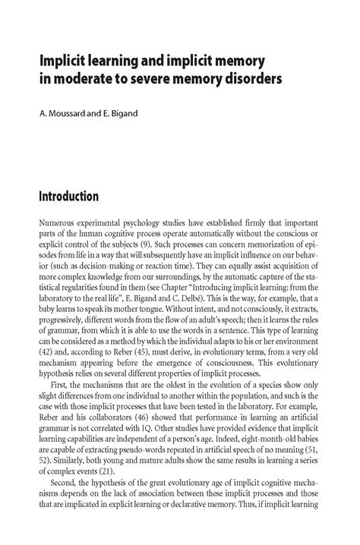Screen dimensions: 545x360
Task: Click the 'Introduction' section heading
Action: (x=68, y=197)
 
